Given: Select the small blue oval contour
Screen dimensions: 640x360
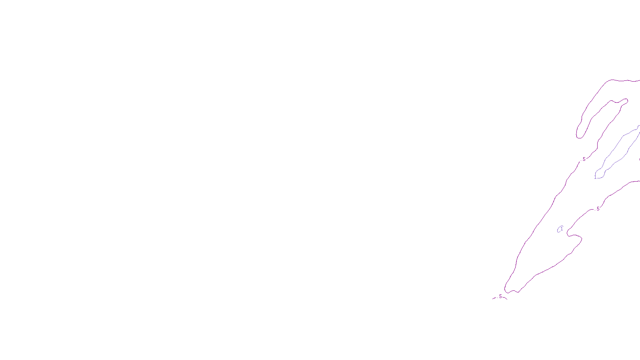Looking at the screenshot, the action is pyautogui.click(x=559, y=230).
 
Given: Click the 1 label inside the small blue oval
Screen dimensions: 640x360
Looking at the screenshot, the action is pyautogui.click(x=562, y=229).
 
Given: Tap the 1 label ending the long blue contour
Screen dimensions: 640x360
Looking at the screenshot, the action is pyautogui.click(x=595, y=176).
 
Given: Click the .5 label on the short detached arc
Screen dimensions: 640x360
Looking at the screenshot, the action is pyautogui.click(x=500, y=296).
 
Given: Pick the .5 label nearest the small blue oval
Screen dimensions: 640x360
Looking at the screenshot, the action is pyautogui.click(x=598, y=209).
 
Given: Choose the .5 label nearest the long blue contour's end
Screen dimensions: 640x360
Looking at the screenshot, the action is pyautogui.click(x=584, y=159).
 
